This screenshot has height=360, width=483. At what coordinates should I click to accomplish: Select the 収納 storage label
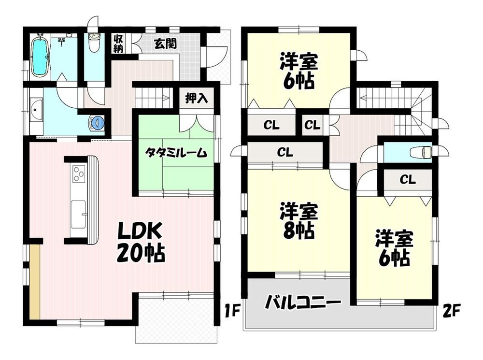click(118, 43)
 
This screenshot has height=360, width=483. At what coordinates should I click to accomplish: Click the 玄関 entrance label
click(165, 44)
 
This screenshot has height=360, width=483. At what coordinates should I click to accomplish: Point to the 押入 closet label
click(197, 98)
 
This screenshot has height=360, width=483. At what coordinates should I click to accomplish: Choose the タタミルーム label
click(176, 153)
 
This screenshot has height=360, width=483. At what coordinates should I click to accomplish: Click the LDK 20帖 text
click(141, 242)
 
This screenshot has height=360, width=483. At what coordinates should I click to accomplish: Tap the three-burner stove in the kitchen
click(79, 173)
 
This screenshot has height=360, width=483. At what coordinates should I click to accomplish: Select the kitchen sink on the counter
click(78, 214)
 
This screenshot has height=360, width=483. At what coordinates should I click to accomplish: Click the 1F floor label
click(232, 311)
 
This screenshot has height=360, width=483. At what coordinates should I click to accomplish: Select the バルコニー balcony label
click(303, 302)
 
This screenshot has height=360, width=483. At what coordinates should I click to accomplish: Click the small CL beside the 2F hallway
click(313, 125)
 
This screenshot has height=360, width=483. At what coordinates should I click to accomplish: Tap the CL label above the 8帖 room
click(285, 152)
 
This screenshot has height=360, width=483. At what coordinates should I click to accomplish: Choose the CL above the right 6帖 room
click(408, 179)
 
